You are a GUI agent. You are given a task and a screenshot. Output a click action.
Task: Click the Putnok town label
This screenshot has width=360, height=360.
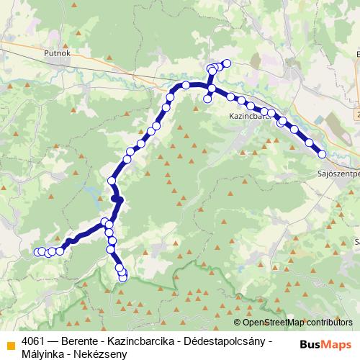tap(56, 53)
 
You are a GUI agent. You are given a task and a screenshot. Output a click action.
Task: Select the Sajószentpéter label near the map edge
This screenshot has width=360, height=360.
tap(338, 174)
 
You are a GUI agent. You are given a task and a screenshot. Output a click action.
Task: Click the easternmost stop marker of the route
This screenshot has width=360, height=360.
tap(323, 154)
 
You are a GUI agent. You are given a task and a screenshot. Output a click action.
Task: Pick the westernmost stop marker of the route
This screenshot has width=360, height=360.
tap(37, 251)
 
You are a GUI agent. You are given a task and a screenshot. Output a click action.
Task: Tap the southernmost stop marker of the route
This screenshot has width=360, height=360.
tap(123, 277)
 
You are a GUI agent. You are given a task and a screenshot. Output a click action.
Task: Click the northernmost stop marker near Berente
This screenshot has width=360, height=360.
tap(228, 63)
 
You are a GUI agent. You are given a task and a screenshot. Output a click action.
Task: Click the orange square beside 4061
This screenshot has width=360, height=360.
tap(10, 344)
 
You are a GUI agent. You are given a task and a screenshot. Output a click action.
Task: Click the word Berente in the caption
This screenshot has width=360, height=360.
tap(81, 340)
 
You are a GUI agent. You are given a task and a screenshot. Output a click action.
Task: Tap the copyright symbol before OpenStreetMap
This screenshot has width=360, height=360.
tap(237, 323)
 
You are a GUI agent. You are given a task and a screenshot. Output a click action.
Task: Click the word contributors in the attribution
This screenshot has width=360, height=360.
tap(330, 323)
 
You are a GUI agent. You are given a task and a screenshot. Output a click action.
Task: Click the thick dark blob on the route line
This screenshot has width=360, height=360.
tap(117, 199)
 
